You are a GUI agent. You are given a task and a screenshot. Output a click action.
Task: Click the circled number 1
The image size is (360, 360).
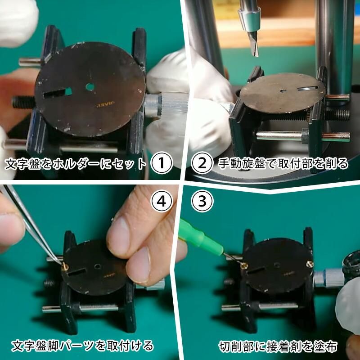pos(162,163)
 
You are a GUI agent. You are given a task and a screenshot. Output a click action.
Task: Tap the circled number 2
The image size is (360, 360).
pos(202,163)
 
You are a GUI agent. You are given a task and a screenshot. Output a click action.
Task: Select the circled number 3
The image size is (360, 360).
pos(202,201)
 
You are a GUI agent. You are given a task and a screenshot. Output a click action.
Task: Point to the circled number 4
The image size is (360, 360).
pos(162,201)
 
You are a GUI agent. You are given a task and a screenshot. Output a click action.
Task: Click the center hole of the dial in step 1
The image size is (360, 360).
pos(90,87)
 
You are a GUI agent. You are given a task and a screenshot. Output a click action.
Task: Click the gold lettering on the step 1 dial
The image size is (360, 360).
pos(105,104)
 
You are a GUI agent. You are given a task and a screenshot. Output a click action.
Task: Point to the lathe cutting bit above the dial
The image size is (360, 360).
pos(253,44)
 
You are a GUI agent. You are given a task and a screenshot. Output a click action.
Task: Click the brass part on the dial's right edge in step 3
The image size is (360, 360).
pos(310,264)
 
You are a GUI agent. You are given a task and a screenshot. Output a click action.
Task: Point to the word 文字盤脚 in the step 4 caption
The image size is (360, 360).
pos(35,346)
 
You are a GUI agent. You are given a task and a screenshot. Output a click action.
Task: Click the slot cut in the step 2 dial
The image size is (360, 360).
pos(308,88)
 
